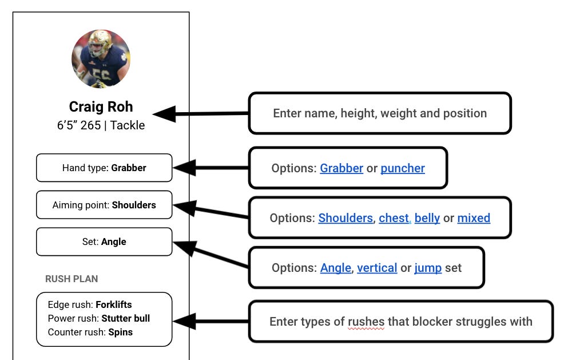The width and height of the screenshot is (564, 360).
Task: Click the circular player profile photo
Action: tap(101, 59)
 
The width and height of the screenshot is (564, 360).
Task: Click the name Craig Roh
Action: tap(101, 107)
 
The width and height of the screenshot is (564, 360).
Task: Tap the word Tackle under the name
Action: tap(128, 125)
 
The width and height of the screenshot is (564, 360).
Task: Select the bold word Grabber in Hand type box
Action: tap(129, 168)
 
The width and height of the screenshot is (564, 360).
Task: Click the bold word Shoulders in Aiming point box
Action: tap(134, 205)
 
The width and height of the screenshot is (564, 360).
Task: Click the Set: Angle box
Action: tap(104, 242)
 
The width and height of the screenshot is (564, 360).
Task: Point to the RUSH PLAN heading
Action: tap(72, 279)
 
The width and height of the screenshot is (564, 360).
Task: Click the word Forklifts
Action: tap(114, 305)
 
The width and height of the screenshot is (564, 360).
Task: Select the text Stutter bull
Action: tap(126, 318)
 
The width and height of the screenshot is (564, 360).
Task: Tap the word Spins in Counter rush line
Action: tap(120, 332)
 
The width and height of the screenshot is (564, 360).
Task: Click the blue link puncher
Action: tap(403, 168)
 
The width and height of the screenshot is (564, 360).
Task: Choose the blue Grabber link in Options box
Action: tap(341, 168)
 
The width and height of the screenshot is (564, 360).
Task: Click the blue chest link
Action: tap(394, 218)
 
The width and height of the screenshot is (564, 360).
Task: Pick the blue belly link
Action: tap(427, 218)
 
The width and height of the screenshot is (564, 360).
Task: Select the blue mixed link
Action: tap(474, 218)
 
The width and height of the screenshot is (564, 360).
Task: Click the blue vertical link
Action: tap(377, 268)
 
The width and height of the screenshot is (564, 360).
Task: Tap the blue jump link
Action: tap(428, 268)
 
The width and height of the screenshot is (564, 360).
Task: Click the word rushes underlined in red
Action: tap(366, 322)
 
